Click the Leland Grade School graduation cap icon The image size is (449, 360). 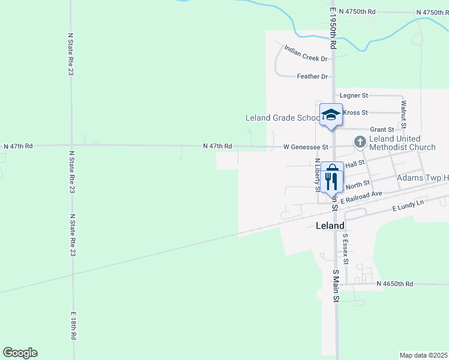331,115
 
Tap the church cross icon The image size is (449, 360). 360,142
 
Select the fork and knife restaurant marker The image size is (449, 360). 332,178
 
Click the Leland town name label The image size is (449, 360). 330,226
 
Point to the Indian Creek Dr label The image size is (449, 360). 306,55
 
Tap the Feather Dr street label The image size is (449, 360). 313,77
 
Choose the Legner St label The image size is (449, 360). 354,95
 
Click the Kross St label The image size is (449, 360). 354,112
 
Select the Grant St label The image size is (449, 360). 382,129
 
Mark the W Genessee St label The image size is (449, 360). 306,147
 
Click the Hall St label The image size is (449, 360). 355,163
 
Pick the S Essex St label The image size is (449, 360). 345,248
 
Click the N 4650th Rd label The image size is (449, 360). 395,284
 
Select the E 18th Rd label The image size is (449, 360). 73,326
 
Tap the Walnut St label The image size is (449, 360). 404,112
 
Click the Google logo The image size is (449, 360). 20,353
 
